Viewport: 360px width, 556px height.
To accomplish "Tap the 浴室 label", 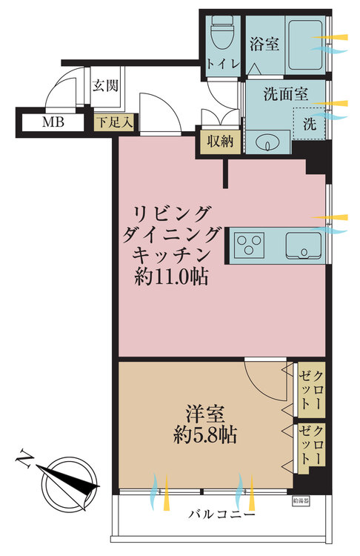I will coord(264,44).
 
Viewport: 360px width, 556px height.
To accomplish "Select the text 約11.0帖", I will coord(170,278).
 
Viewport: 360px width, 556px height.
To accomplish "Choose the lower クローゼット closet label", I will coord(311,444).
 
